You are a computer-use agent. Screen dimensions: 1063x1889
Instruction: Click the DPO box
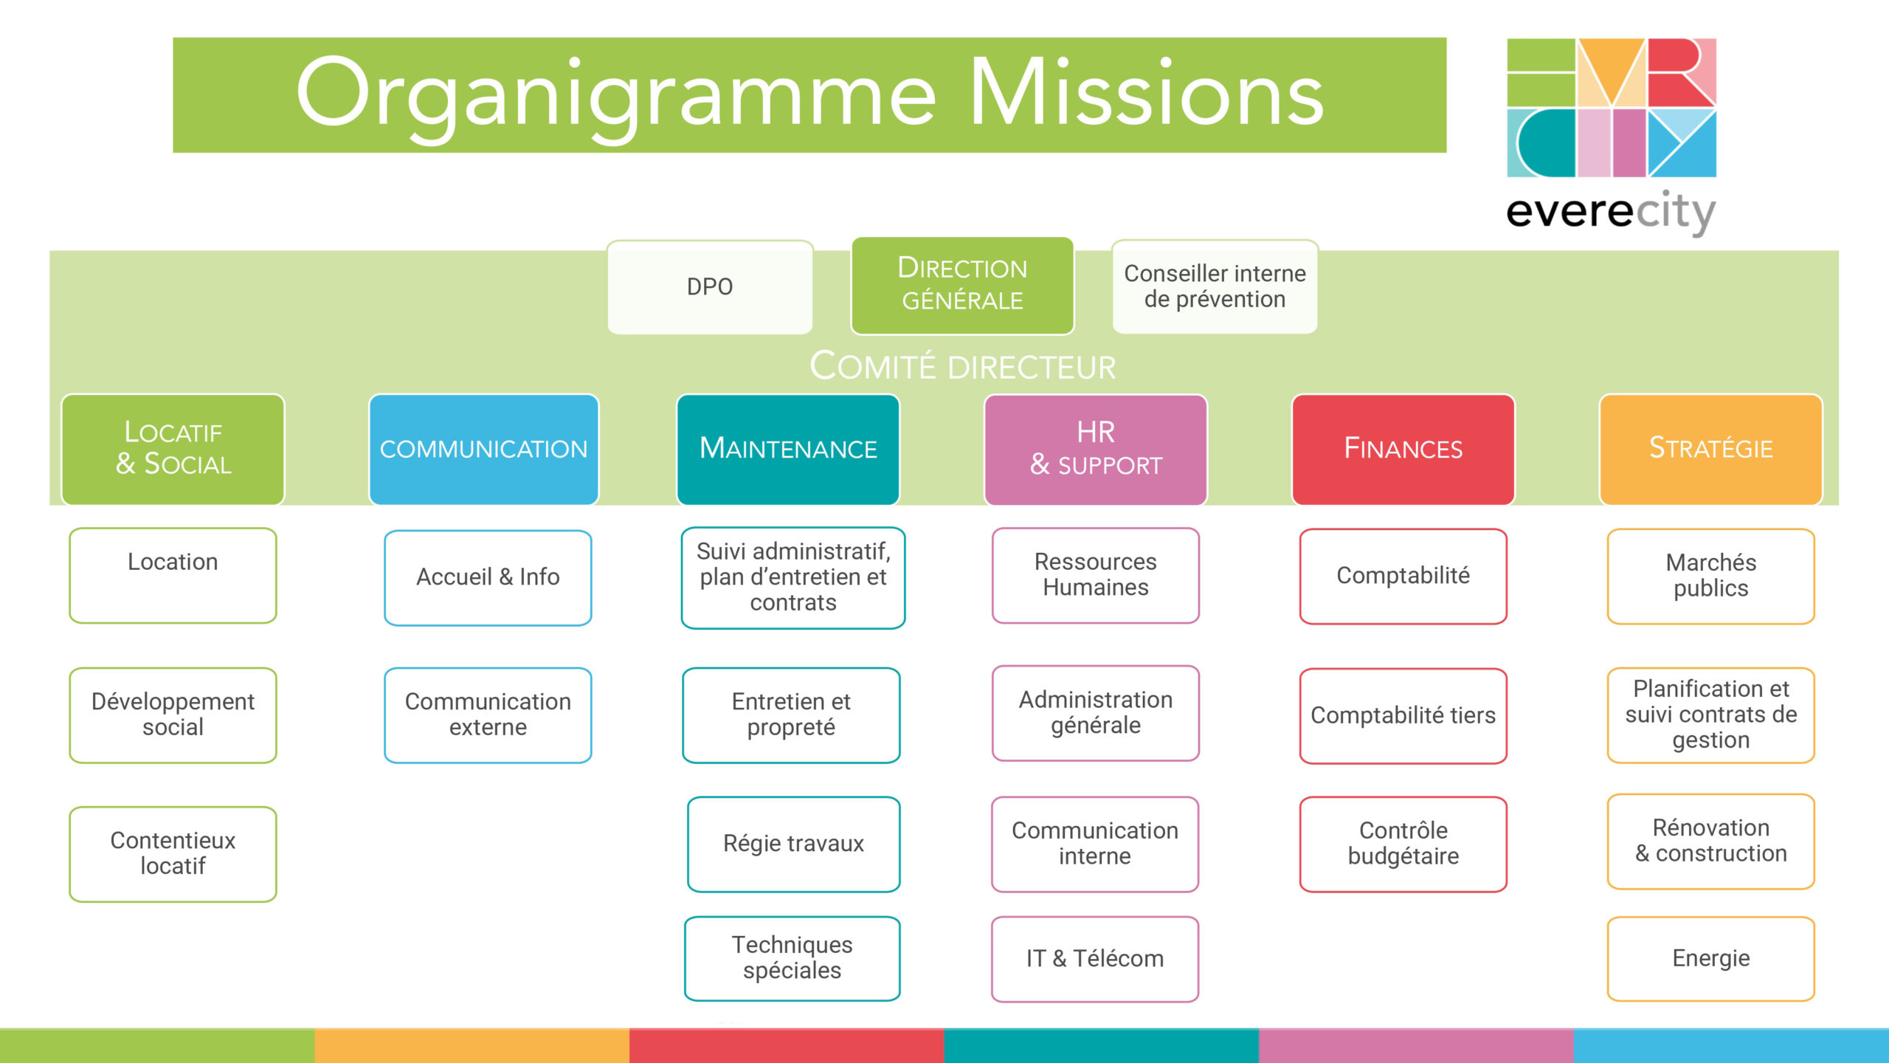pyautogui.click(x=710, y=287)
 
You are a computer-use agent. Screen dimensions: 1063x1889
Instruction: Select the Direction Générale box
pyautogui.click(x=962, y=286)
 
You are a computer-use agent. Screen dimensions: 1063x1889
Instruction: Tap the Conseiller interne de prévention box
pyautogui.click(x=1215, y=286)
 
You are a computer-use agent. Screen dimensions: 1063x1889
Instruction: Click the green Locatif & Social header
pyautogui.click(x=173, y=449)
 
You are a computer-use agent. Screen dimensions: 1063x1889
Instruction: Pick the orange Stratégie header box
pyautogui.click(x=1710, y=449)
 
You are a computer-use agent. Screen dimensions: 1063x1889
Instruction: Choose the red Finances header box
pyautogui.click(x=1403, y=449)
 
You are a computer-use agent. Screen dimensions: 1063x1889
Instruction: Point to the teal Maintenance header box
pyautogui.click(x=788, y=449)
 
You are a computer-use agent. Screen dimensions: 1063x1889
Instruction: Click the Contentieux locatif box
pyautogui.click(x=173, y=853)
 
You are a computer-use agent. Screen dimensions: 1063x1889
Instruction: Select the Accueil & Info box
pyautogui.click(x=488, y=577)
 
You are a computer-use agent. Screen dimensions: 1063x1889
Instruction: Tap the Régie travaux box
pyautogui.click(x=793, y=844)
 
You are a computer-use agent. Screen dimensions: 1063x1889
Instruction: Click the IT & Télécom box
pyautogui.click(x=1095, y=959)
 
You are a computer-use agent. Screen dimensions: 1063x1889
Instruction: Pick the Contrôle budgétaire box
pyautogui.click(x=1403, y=844)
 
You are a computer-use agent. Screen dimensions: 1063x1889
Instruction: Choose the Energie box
pyautogui.click(x=1710, y=959)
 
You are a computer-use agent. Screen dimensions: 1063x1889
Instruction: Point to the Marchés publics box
pyautogui.click(x=1710, y=576)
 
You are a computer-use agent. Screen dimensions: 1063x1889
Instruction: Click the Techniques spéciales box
pyautogui.click(x=792, y=958)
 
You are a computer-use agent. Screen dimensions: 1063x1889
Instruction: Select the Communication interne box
pyautogui.click(x=1095, y=844)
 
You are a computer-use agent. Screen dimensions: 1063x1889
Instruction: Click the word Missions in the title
pyautogui.click(x=1147, y=94)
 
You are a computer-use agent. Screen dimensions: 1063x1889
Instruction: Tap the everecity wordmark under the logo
pyautogui.click(x=1611, y=213)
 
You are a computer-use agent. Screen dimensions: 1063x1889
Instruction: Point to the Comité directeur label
pyautogui.click(x=962, y=367)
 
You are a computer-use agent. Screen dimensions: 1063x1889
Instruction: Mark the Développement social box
pyautogui.click(x=173, y=715)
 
